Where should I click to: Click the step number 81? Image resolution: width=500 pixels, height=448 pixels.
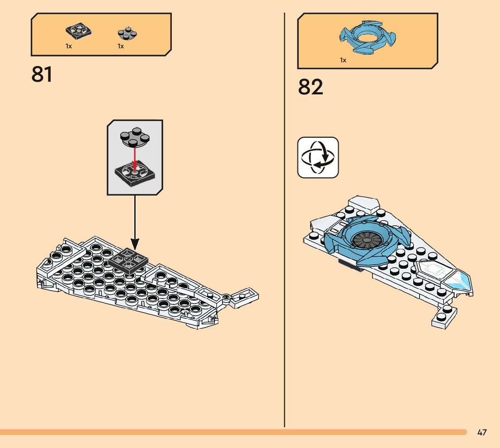pyautogui.click(x=42, y=75)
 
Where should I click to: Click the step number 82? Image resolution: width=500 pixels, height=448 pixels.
pyautogui.click(x=311, y=87)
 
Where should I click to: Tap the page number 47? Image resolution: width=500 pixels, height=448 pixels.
pyautogui.click(x=482, y=433)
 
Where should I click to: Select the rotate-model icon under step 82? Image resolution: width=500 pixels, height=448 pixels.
pyautogui.click(x=318, y=158)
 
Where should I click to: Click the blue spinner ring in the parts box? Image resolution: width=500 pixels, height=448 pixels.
pyautogui.click(x=367, y=38)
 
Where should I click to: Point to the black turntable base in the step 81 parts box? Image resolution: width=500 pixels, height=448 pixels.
pyautogui.click(x=79, y=31)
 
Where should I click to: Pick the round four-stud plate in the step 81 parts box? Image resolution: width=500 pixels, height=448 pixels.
pyautogui.click(x=127, y=33)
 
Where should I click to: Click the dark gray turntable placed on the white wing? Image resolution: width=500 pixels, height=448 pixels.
pyautogui.click(x=128, y=261)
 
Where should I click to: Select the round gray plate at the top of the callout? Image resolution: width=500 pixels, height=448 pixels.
pyautogui.click(x=134, y=138)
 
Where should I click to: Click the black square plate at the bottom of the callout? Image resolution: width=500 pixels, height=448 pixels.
pyautogui.click(x=134, y=174)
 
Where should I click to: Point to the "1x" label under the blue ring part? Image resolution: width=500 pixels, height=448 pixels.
pyautogui.click(x=343, y=60)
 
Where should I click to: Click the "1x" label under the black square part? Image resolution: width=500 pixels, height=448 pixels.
pyautogui.click(x=69, y=46)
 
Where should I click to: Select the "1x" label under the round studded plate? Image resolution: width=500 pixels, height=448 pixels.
pyautogui.click(x=121, y=46)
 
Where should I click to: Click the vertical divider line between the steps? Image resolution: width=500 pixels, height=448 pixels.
pyautogui.click(x=284, y=226)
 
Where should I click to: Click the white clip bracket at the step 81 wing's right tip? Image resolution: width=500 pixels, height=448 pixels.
pyautogui.click(x=245, y=298)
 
